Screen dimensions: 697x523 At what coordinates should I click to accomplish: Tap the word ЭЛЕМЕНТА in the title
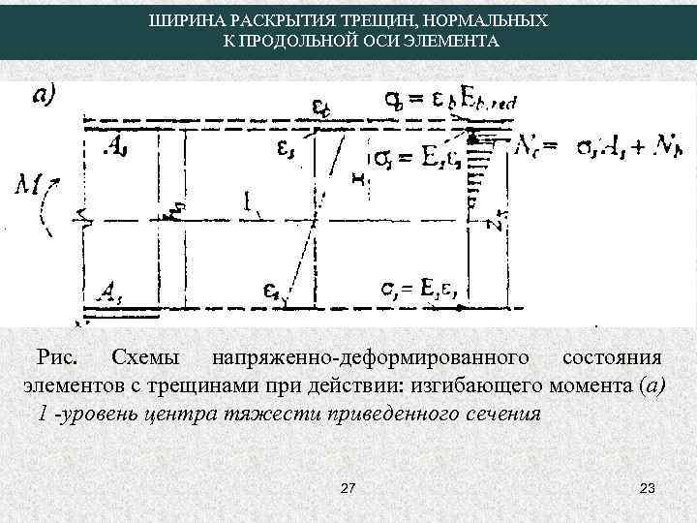(x=455, y=42)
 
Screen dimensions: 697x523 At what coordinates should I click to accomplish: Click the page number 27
(x=349, y=491)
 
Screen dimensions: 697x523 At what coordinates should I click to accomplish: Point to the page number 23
(x=648, y=491)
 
